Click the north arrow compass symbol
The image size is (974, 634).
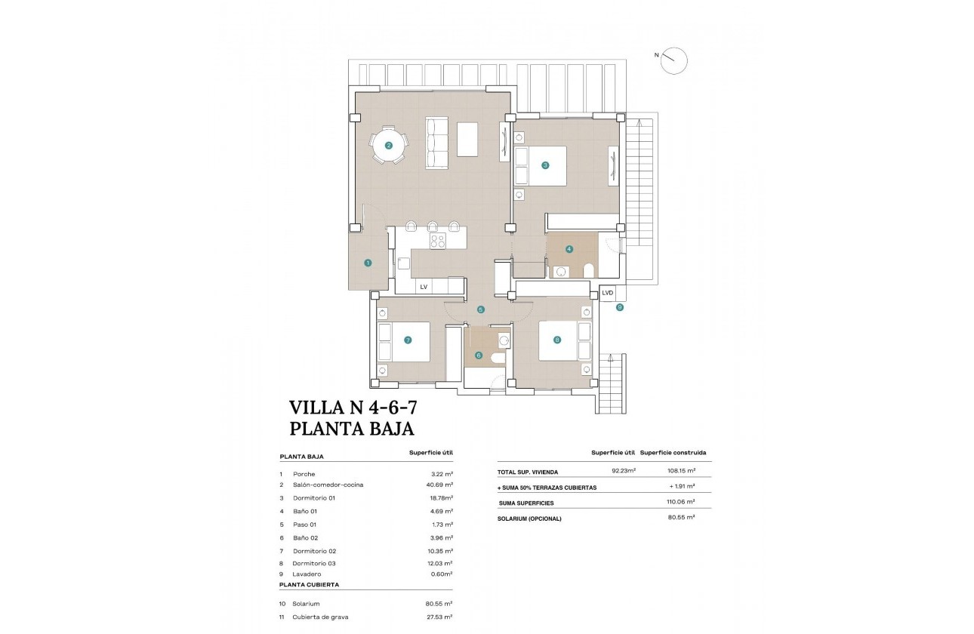(673, 60)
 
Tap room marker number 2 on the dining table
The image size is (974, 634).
(388, 146)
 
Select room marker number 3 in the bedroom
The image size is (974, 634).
(544, 165)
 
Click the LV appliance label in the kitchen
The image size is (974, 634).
(424, 287)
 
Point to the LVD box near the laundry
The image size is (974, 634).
(607, 293)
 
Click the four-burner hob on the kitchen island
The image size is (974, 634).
(438, 241)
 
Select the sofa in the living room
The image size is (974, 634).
(437, 143)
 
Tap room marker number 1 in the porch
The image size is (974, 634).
(368, 263)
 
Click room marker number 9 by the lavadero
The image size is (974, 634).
(619, 307)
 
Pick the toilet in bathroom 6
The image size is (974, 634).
(498, 359)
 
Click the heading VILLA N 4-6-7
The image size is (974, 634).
(353, 408)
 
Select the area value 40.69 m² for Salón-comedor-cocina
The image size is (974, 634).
(439, 485)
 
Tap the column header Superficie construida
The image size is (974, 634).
(673, 453)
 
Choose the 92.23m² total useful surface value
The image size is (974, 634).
(623, 471)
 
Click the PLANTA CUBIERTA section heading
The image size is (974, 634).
(309, 584)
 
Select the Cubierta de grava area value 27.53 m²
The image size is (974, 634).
(439, 617)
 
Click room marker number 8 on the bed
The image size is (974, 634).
(557, 340)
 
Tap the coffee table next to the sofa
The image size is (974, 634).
(467, 139)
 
